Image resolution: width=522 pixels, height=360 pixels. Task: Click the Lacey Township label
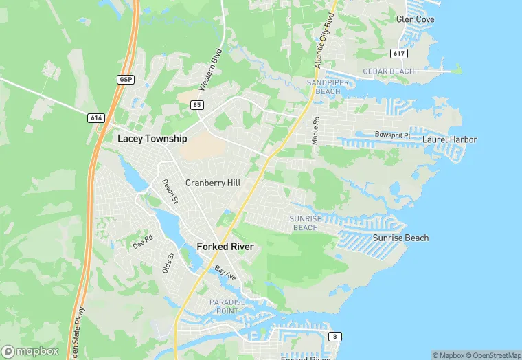click(152, 139)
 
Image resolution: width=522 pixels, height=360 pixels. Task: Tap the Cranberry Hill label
click(213, 183)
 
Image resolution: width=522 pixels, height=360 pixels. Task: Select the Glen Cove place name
click(415, 19)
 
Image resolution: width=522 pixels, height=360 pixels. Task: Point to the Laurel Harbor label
click(449, 139)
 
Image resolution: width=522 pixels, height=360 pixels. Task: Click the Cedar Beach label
click(388, 71)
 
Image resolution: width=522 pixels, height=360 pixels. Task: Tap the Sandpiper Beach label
click(324, 87)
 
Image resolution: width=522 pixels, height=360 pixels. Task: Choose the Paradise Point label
click(227, 306)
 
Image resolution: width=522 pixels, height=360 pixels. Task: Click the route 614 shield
click(96, 118)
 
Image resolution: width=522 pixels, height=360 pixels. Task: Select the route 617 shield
click(398, 53)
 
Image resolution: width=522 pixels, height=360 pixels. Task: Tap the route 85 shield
click(198, 104)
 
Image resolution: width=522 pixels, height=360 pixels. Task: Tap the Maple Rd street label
click(316, 130)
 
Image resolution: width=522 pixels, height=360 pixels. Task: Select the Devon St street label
click(170, 191)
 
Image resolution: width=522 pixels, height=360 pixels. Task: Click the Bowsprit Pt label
click(392, 135)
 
